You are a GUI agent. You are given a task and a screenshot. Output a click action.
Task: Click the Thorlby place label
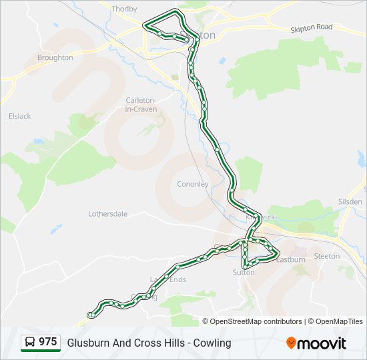click(x=125, y=9)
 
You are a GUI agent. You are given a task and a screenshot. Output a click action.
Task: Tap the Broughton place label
click(x=55, y=58)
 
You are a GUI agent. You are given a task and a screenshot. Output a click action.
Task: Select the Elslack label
click(x=19, y=116)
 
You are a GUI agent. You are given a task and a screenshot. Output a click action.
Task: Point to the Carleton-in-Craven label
click(x=141, y=105)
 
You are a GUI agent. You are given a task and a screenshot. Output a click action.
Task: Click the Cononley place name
click(x=192, y=184)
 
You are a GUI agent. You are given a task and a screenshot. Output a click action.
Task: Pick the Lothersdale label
click(x=107, y=214)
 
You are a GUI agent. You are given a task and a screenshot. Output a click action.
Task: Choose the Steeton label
click(x=326, y=256)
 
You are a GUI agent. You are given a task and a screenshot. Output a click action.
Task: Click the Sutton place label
click(x=244, y=272)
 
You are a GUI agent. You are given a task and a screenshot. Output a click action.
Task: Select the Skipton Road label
click(x=311, y=27)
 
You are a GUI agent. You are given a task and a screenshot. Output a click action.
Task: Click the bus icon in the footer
click(x=30, y=343)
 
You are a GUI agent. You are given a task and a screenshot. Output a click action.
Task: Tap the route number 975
click(x=48, y=342)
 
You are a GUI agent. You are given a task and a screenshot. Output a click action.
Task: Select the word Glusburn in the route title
click(x=86, y=343)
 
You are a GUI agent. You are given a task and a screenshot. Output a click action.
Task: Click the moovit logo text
click(x=322, y=343)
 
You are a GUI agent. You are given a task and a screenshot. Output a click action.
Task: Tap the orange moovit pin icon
click(x=291, y=343)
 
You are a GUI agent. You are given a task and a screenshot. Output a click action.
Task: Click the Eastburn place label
click(x=291, y=259)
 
